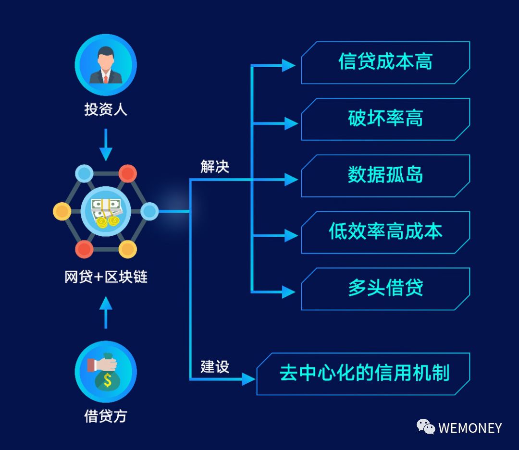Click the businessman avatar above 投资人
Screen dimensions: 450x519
pos(106,65)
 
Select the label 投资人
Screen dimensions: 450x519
pos(106,109)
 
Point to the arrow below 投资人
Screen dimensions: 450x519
pos(106,145)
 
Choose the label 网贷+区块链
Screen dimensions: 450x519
pos(106,277)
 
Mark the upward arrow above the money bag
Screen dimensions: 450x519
pos(106,312)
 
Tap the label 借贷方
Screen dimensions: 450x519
pos(106,415)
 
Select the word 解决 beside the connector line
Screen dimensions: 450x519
pos(215,167)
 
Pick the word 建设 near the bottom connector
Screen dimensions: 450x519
pos(215,367)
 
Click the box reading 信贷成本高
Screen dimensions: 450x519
pos(385,62)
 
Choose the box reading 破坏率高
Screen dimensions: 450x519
pos(385,119)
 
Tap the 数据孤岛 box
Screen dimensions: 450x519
pos(385,176)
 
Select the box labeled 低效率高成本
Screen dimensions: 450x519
pos(385,232)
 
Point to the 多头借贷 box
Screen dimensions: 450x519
pos(385,289)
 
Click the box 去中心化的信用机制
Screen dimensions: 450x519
pos(364,374)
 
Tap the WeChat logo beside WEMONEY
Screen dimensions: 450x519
pos(426,426)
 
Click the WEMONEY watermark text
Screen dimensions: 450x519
pos(470,428)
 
